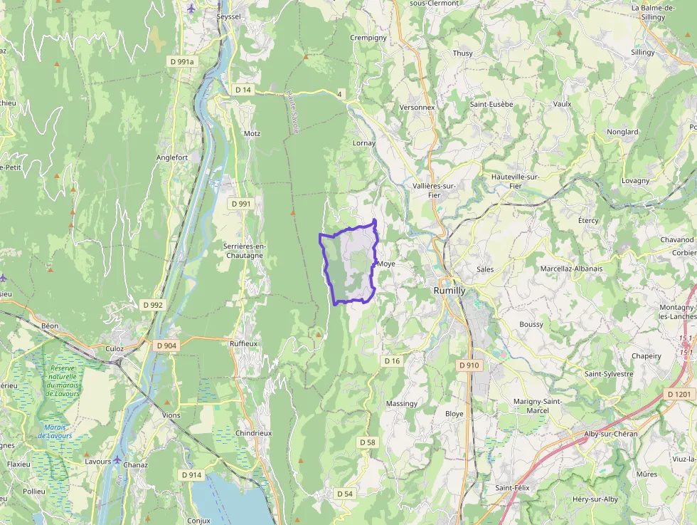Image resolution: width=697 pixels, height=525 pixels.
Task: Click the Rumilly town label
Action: coord(449,291)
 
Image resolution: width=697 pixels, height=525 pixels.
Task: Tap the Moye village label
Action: coord(386,264)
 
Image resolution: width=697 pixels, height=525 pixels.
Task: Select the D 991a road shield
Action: coord(182,62)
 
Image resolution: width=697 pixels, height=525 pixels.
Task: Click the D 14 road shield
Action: coord(243,90)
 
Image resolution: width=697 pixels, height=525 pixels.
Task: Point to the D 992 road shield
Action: coord(152,305)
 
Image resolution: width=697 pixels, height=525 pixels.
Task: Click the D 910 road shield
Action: coord(469,365)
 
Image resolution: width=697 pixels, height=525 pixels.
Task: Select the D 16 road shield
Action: coord(392,361)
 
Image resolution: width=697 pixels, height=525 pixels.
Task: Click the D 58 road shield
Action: coord(367,442)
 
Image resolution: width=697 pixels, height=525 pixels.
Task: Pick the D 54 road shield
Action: coord(345,494)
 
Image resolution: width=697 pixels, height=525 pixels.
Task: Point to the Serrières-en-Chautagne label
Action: coord(243,250)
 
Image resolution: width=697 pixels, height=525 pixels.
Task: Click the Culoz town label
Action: coord(115,349)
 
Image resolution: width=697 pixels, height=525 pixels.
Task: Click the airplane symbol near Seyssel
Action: coord(191,8)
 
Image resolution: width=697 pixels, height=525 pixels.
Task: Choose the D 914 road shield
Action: coord(191,474)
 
